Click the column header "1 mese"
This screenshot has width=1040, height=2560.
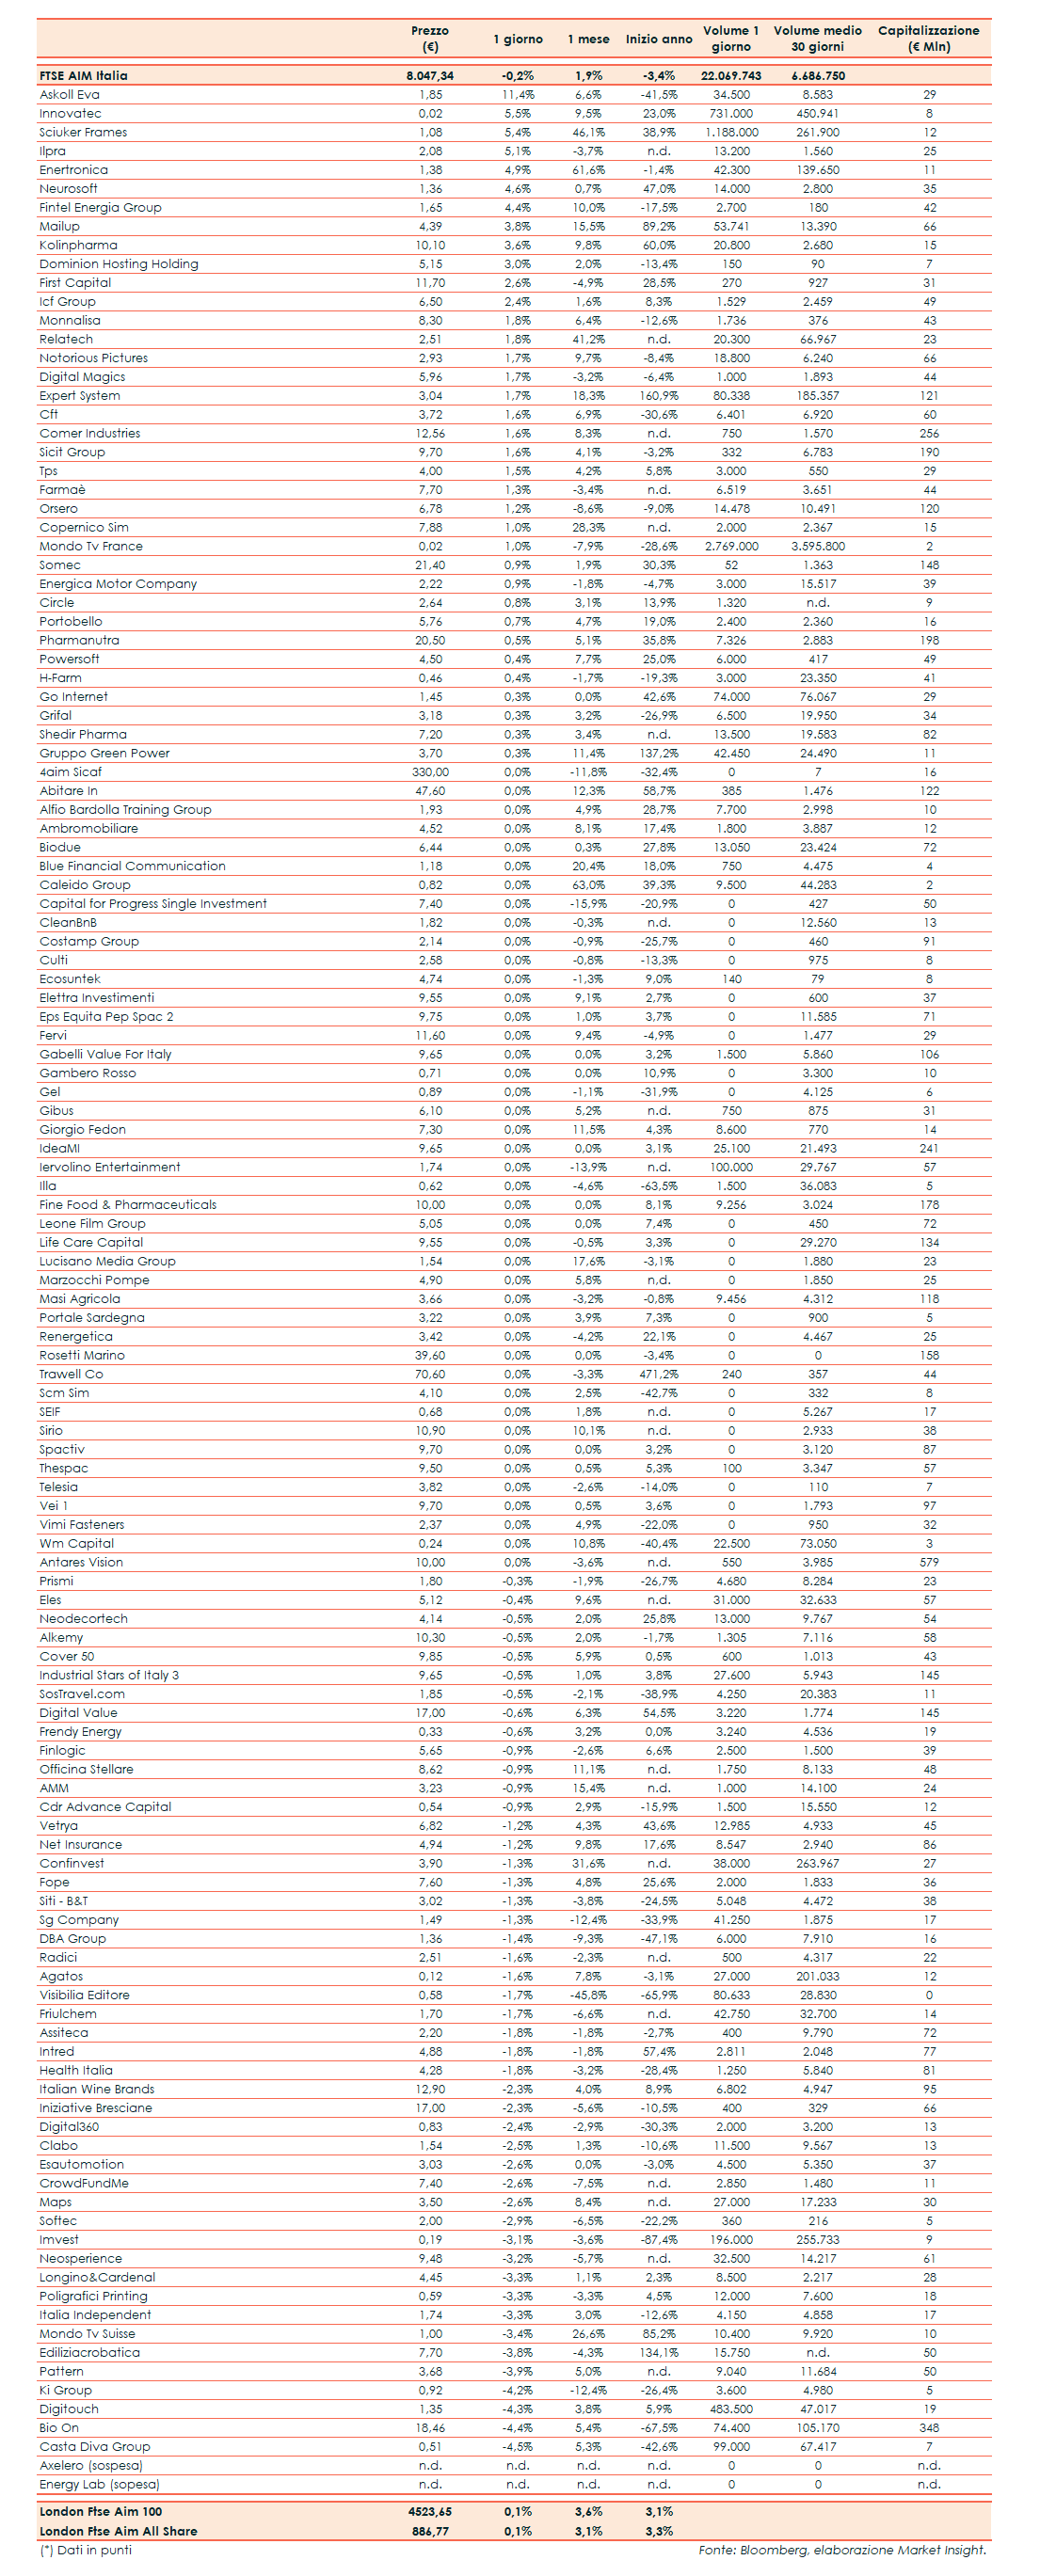point(587,39)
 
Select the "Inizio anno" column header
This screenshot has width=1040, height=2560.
point(658,39)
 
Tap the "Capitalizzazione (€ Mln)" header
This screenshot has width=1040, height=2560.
point(928,38)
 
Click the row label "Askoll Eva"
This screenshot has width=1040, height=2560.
point(70,94)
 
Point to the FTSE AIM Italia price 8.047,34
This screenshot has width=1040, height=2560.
point(429,75)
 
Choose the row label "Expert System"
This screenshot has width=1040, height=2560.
point(80,395)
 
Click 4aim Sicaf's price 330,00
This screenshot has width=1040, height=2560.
point(429,772)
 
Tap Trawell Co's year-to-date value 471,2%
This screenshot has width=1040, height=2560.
point(658,1375)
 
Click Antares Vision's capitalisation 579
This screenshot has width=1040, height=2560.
point(929,1562)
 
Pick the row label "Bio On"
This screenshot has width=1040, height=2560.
point(58,2428)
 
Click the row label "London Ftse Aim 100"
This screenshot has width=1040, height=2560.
point(101,2511)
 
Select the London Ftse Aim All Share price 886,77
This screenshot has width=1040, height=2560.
point(429,2531)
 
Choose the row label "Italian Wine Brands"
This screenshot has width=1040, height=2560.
point(96,2089)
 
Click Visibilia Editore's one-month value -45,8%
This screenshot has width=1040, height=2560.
point(587,1995)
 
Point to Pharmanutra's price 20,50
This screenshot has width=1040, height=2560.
point(429,641)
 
